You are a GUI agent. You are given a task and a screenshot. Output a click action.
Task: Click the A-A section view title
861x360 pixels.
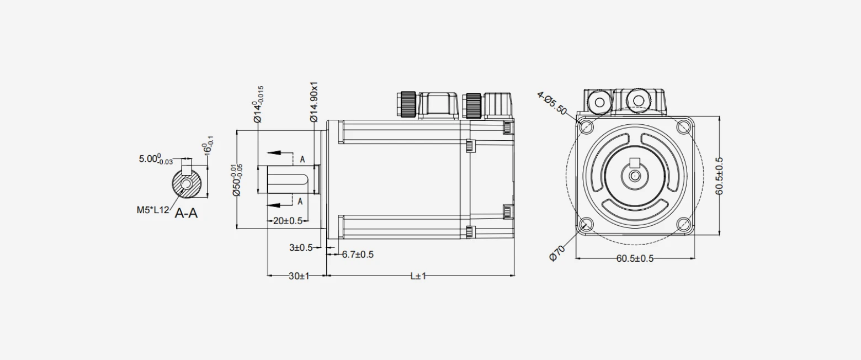(x=186, y=213)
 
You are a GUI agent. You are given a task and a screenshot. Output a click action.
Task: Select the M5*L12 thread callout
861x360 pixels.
(x=152, y=210)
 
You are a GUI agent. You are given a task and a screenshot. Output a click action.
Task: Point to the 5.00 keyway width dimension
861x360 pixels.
(x=156, y=159)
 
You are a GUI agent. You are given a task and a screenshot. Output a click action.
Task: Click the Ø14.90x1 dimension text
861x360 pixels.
(x=314, y=102)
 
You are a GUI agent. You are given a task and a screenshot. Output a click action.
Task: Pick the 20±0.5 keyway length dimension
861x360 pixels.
(x=288, y=221)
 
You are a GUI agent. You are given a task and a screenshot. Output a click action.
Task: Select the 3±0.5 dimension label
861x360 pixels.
(x=301, y=248)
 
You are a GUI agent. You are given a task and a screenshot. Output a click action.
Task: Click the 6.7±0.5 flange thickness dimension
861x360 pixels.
(x=358, y=255)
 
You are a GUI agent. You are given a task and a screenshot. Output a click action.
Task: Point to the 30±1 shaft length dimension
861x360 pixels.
(x=299, y=276)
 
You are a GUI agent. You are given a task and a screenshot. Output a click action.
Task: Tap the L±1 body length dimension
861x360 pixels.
(x=418, y=276)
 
